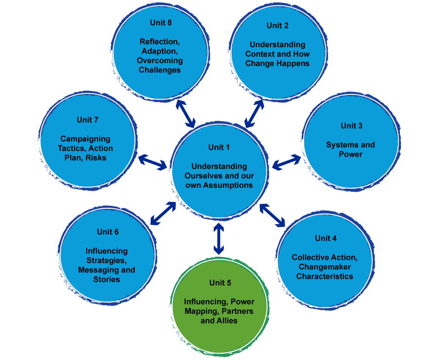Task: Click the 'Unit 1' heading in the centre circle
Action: pos(219,147)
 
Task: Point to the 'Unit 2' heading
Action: pos(277,25)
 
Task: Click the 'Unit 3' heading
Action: pos(351,126)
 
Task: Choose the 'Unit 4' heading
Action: pos(326,238)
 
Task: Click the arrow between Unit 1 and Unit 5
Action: pos(219,238)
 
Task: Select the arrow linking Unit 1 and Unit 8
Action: pos(185,113)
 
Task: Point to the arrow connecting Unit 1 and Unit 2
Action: pos(254,113)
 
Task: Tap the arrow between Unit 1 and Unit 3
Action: pos(286,162)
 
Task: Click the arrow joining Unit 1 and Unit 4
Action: pos(273,215)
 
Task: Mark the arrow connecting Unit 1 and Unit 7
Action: pos(152,162)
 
